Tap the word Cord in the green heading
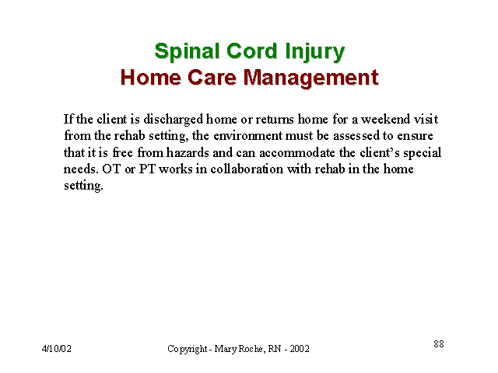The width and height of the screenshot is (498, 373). coord(252,51)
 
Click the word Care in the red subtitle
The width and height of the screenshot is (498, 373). coord(212,78)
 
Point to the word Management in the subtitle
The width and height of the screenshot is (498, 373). coord(311,78)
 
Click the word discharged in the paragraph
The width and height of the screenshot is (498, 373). coord(173,120)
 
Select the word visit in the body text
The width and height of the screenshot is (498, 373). coord(426,119)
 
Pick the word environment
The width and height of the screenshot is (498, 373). coord(247,136)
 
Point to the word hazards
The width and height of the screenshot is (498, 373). coord(188,152)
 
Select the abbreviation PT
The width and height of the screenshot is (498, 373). coord(147,169)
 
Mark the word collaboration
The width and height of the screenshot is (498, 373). coord(247,169)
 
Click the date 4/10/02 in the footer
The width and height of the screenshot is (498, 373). coord(57,349)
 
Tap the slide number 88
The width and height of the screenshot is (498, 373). coord(439,343)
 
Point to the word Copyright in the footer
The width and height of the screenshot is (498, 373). coord(188,349)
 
